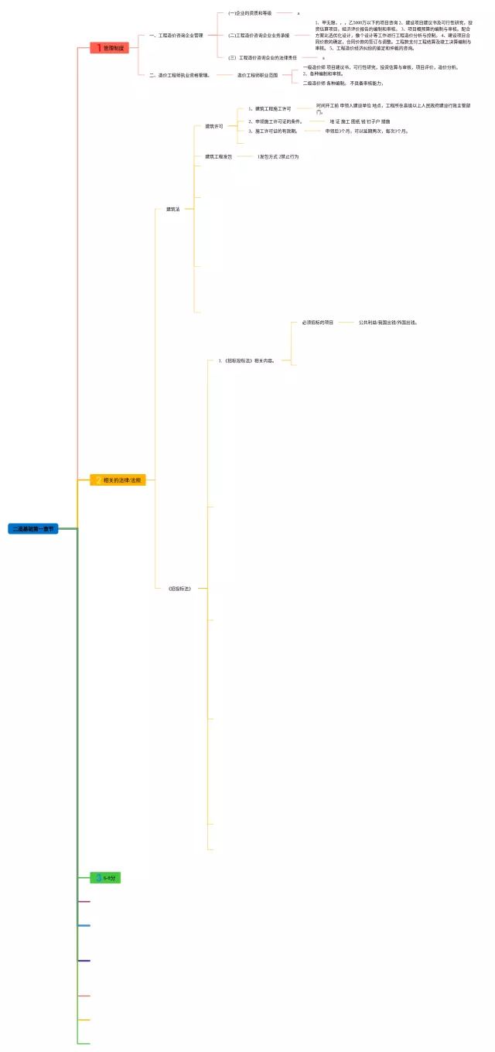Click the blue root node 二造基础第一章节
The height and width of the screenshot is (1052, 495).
(33, 529)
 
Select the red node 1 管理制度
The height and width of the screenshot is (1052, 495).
(109, 48)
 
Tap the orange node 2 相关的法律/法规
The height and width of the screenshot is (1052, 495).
(118, 480)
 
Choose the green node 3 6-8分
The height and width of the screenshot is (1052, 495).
(105, 878)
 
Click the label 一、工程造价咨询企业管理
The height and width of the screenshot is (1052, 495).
(176, 35)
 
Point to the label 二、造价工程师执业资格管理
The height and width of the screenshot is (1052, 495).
(179, 75)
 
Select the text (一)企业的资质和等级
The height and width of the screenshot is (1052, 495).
(250, 13)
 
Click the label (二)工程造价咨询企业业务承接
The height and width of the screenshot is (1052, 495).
(258, 35)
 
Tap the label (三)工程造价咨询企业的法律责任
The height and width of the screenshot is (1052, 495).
(262, 57)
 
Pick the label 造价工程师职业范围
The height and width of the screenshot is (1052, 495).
(258, 75)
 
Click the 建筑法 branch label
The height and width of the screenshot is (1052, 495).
(173, 209)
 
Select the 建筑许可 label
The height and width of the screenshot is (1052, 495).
(214, 126)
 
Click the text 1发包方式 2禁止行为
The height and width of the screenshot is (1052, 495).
(278, 156)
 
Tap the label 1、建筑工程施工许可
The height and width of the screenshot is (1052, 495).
(269, 108)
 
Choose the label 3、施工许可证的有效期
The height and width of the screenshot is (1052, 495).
(272, 131)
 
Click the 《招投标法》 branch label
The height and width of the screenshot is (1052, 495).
(179, 589)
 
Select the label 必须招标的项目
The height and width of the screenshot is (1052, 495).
(317, 322)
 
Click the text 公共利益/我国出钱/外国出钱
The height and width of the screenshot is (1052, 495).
(387, 322)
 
